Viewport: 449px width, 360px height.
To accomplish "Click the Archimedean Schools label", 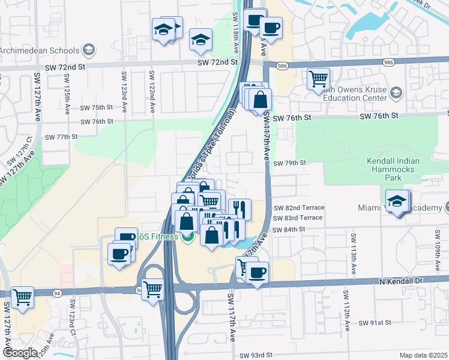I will pyautogui.click(x=41, y=49).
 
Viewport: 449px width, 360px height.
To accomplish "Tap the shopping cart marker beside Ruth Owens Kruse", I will pyautogui.click(x=318, y=79).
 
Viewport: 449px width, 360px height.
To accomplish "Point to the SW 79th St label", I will pyautogui.click(x=290, y=163).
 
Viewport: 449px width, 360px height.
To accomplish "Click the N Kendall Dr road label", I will pyautogui.click(x=401, y=281).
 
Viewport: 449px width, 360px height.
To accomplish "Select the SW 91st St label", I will pyautogui.click(x=375, y=323).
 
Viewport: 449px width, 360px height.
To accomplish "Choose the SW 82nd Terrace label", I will pyautogui.click(x=299, y=208).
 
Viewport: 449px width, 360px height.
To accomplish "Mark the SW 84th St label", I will pyautogui.click(x=289, y=230).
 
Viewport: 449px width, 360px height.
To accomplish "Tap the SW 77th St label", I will pyautogui.click(x=62, y=137).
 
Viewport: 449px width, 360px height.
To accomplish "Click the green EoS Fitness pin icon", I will pyautogui.click(x=187, y=236).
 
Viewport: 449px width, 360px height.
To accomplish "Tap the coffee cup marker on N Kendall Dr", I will pyautogui.click(x=258, y=273).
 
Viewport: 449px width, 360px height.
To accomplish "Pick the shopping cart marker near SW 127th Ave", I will pyautogui.click(x=22, y=296).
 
